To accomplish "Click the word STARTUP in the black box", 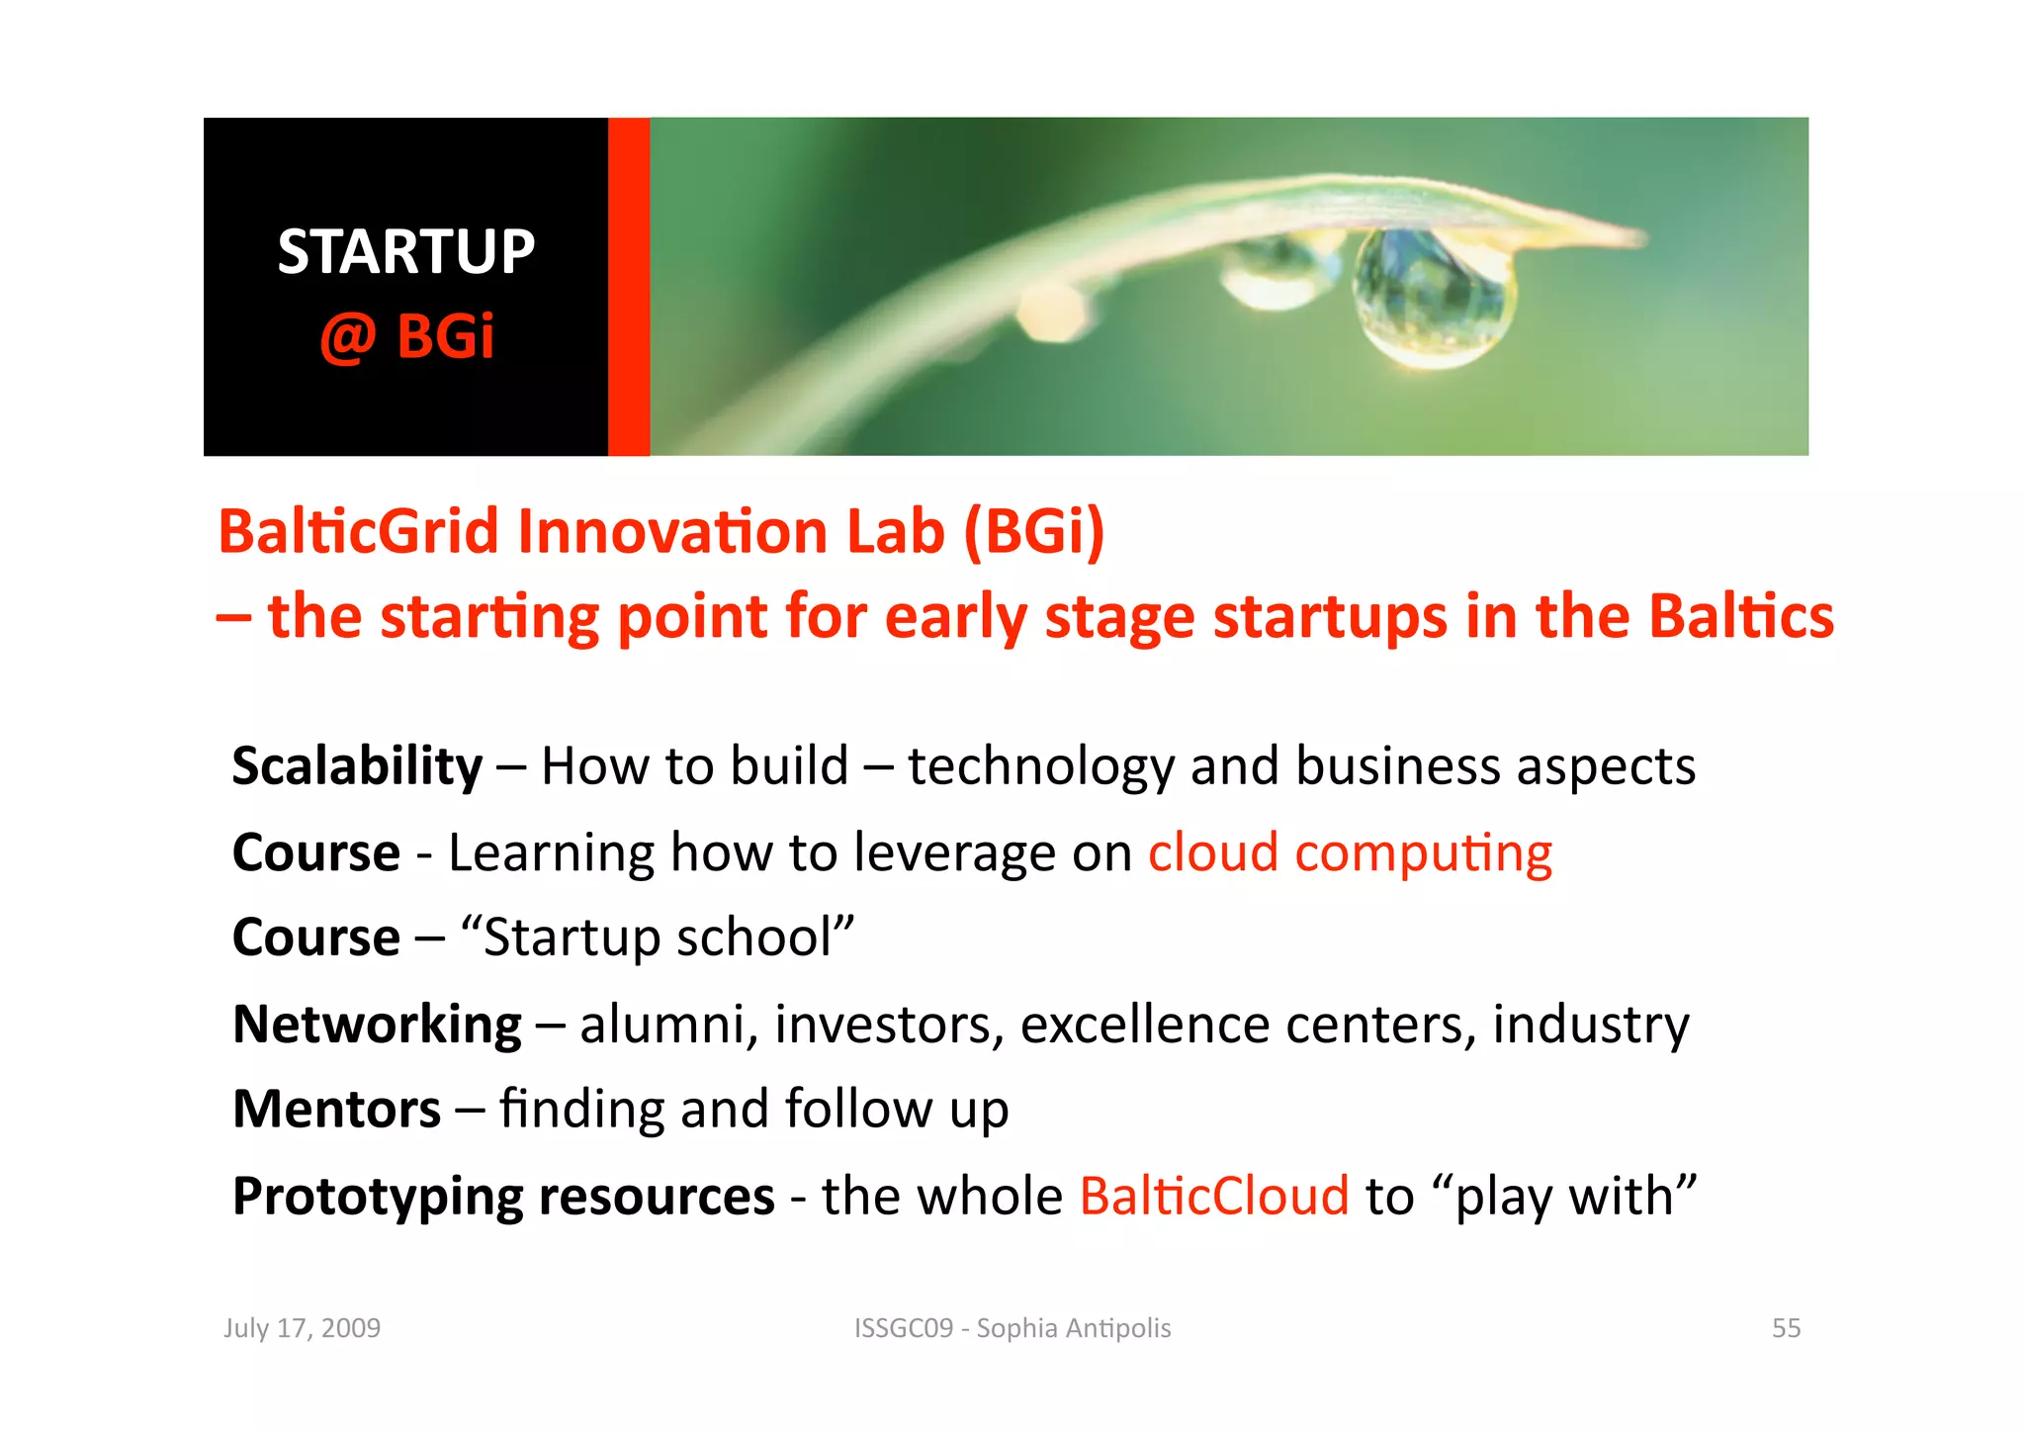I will tap(405, 252).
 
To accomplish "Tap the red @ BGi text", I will tap(406, 336).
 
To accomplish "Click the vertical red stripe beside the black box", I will tap(629, 287).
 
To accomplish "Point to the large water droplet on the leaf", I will tap(1432, 297).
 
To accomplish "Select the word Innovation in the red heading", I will tap(672, 532).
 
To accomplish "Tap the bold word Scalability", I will tap(357, 766).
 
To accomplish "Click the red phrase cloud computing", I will tap(1350, 852).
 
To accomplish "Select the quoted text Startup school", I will tap(658, 938).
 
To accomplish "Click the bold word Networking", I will tap(377, 1024).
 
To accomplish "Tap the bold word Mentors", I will tap(336, 1109).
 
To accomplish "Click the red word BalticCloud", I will tap(1214, 1196).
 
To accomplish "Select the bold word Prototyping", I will tap(378, 1198).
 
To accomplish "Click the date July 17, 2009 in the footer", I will tap(302, 1328).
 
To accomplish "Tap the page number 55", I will tap(1786, 1328).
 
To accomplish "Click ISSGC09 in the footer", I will tap(904, 1328).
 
